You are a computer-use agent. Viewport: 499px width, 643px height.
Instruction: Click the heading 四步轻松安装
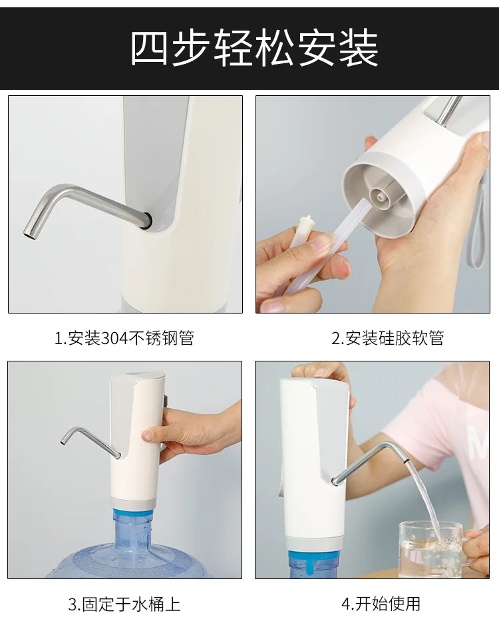point(254,48)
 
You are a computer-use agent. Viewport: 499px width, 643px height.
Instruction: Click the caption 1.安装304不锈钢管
point(124,338)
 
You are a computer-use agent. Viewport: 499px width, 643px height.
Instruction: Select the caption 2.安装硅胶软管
point(388,338)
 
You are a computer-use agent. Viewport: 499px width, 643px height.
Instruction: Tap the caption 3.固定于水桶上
point(124,604)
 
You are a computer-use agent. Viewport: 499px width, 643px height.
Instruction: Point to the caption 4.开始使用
point(381,604)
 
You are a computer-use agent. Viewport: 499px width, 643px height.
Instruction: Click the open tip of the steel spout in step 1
point(28,235)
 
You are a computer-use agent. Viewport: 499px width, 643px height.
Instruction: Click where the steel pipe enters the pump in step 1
point(146,220)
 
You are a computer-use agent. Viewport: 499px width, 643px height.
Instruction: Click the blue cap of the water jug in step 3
point(134,515)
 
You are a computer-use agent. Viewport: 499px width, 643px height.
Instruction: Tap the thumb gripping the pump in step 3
point(152,435)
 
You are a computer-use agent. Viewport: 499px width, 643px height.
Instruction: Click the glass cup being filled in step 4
point(430,548)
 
